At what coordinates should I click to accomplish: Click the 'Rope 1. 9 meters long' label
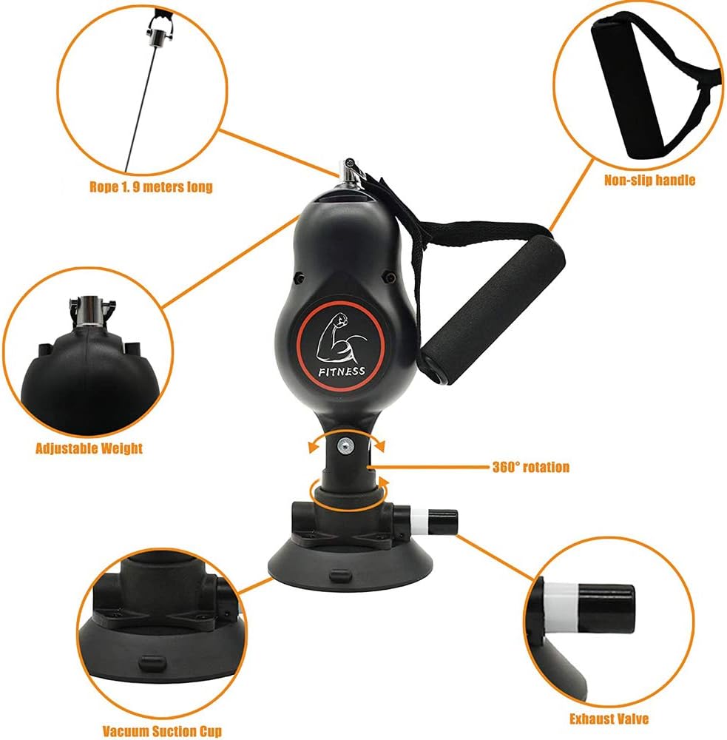[x=151, y=187]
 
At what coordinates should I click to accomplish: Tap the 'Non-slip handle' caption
[x=649, y=180]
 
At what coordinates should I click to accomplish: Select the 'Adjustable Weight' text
[x=89, y=448]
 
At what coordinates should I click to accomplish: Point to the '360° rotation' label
[x=531, y=467]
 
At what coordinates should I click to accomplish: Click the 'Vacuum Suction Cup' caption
[x=162, y=732]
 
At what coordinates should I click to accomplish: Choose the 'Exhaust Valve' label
[x=609, y=719]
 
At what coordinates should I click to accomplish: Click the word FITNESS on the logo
[x=342, y=371]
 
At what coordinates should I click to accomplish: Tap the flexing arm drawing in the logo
[x=341, y=337]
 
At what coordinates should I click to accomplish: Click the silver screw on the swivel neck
[x=345, y=445]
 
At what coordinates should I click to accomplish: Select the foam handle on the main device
[x=493, y=309]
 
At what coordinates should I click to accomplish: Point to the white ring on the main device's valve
[x=419, y=522]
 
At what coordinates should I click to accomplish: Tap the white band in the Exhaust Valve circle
[x=560, y=607]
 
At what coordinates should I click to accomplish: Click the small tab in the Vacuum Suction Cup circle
[x=152, y=662]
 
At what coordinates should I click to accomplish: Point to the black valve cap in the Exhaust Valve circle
[x=606, y=608]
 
